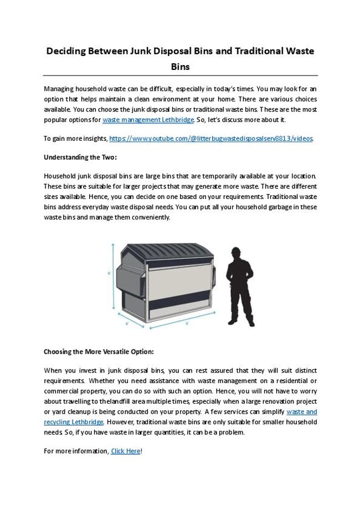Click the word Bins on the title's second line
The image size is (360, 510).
(180, 67)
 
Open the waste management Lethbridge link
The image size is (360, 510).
(148, 120)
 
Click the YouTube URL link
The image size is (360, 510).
(211, 139)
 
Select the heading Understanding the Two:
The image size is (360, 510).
(80, 157)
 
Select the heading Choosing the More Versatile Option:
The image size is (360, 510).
(99, 351)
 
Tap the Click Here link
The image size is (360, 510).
(126, 451)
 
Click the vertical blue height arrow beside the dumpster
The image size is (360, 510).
(114, 277)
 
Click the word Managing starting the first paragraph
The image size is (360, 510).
(59, 89)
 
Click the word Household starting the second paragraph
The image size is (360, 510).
(60, 176)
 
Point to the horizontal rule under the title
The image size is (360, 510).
(180, 75)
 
